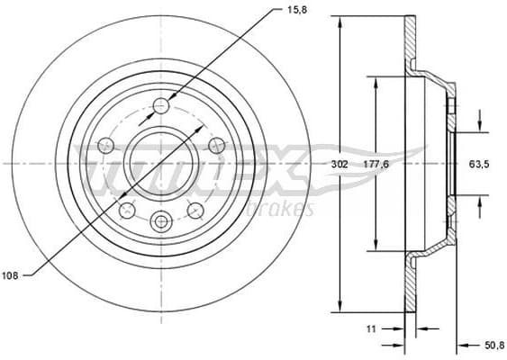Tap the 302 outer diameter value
point(339,165)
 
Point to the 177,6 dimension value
point(376,165)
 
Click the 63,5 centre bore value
point(478,165)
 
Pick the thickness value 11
point(370,329)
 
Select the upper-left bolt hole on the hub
point(105,144)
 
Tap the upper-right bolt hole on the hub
point(216,144)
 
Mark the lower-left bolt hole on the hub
point(127,210)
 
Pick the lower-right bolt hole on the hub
point(195,210)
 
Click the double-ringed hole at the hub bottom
point(161,220)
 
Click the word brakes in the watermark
point(287,210)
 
